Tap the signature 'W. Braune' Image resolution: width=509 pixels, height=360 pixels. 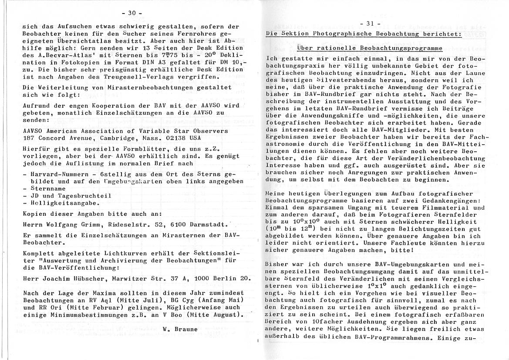click(x=180, y=329)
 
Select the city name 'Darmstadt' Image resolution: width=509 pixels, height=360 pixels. click(x=208, y=224)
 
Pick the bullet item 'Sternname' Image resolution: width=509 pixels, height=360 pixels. click(x=48, y=189)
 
